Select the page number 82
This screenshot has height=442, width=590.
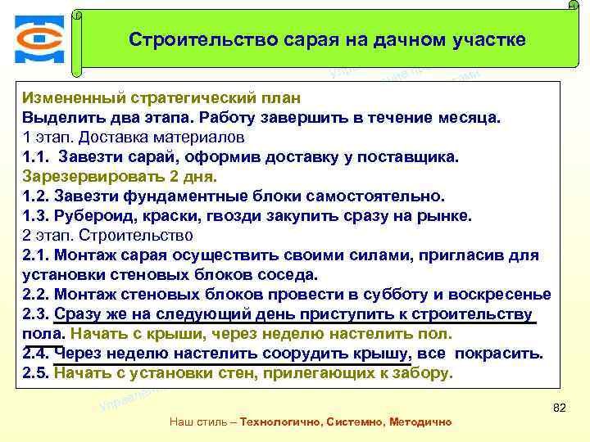coord(560,408)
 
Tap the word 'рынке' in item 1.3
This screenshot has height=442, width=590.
coord(447,215)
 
